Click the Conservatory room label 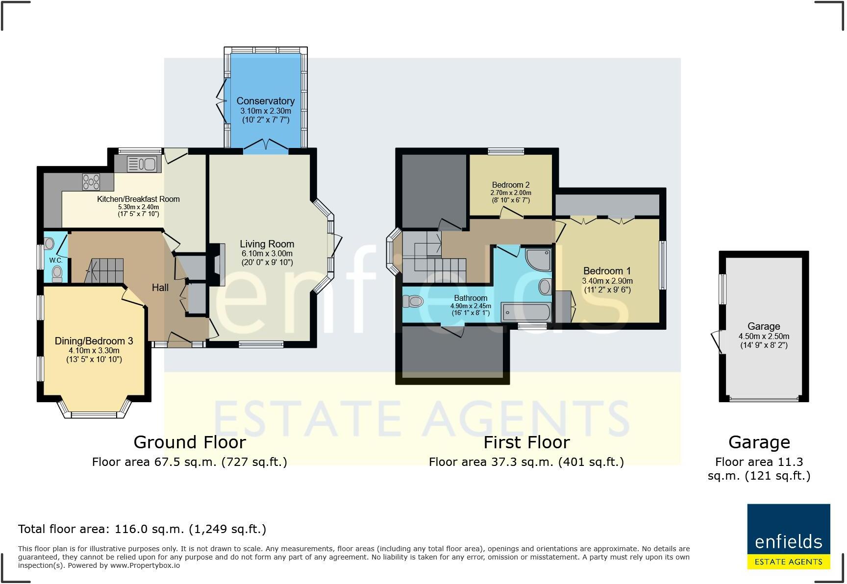coord(265,101)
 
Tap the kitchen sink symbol coord(142,164)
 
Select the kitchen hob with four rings coord(91,182)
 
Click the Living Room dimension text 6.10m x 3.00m coord(267,253)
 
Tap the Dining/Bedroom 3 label coord(94,341)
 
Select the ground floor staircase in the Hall coord(106,271)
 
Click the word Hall coord(160,288)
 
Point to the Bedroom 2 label coord(510,185)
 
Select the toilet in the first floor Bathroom coord(413,301)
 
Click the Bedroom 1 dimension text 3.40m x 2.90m coord(607,281)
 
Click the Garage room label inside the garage coord(763,326)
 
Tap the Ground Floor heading coord(189,442)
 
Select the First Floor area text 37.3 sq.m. coord(526,462)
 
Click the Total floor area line coord(142,529)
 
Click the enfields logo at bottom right coord(788,536)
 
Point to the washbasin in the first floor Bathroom coord(545,287)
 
